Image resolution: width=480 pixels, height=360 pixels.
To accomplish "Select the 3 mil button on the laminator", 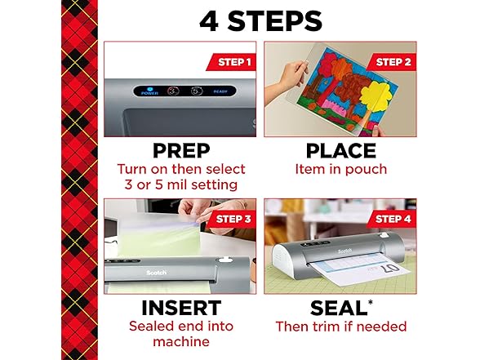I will click(x=172, y=91).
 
